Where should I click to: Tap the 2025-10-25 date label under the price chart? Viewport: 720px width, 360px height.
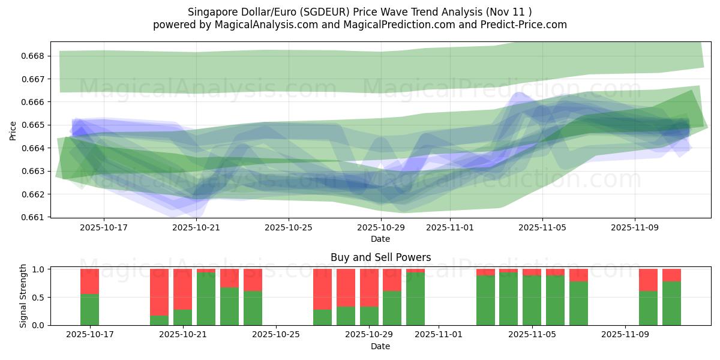[289, 228]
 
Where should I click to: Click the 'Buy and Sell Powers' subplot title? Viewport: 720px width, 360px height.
[380, 257]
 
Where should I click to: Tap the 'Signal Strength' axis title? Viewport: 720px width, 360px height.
[23, 296]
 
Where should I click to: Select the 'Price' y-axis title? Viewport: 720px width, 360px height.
[13, 130]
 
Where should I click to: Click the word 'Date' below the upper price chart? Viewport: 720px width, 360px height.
[380, 239]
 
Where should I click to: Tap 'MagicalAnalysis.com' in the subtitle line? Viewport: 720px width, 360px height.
[259, 25]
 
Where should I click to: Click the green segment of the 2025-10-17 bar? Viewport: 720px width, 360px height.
[89, 310]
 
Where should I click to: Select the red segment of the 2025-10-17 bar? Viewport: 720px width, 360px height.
[89, 281]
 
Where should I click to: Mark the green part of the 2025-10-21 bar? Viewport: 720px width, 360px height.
[182, 317]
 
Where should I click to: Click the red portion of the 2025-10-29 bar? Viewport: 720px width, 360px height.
[369, 288]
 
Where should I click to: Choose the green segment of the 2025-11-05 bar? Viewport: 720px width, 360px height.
[532, 301]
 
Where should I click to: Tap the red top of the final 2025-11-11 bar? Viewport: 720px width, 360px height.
[671, 275]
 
